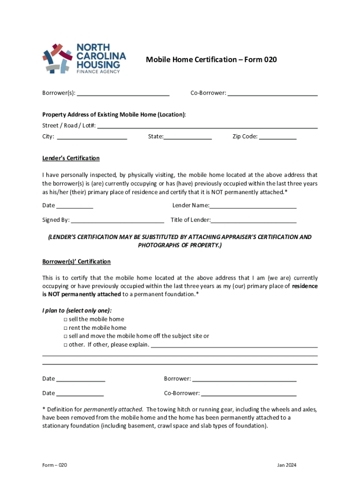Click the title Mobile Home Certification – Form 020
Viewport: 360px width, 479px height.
(x=211, y=59)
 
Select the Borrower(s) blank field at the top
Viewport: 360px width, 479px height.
(x=123, y=93)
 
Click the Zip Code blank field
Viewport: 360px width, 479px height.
(x=278, y=137)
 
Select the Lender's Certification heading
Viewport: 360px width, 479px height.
(x=71, y=158)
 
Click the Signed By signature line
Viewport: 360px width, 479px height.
(x=117, y=220)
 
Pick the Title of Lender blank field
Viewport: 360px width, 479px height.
(x=254, y=220)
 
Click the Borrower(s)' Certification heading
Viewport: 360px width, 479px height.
(x=77, y=261)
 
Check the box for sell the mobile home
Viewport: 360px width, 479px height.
(x=65, y=319)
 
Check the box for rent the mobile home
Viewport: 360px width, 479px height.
(x=65, y=328)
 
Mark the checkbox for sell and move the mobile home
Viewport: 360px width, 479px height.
(x=65, y=336)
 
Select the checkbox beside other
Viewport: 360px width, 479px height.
(x=65, y=345)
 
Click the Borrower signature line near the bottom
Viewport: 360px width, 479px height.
(x=245, y=378)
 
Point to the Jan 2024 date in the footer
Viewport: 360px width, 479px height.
(x=287, y=465)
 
